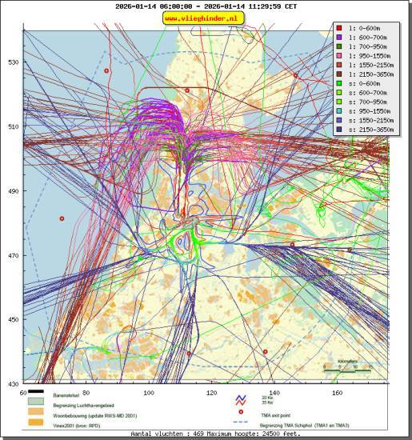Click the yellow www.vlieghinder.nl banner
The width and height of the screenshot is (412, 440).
coord(205,18)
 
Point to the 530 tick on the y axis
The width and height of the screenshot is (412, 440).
coord(14,62)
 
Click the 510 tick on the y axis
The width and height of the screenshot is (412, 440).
coord(14,126)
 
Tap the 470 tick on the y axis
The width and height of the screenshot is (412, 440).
coord(14,256)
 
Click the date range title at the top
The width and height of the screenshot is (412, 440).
coord(205,6)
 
